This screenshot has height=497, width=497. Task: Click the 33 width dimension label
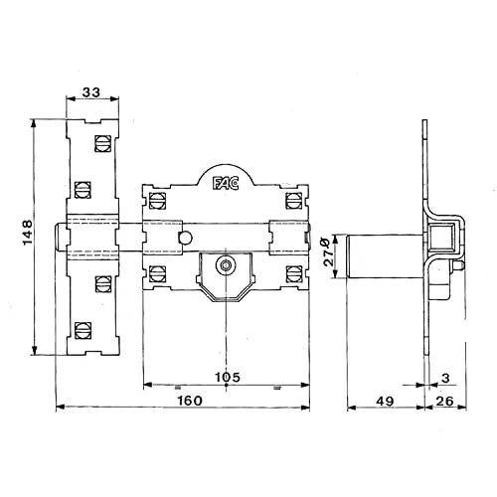point(91,92)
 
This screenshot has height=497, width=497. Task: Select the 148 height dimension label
point(28,232)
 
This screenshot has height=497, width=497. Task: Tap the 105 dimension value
point(228,377)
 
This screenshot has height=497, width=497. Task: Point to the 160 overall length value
point(190,401)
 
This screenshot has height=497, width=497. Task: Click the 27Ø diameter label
point(329,251)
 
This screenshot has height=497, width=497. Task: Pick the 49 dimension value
point(385,402)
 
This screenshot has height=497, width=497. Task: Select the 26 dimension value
point(444,402)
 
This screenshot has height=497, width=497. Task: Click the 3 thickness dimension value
point(445,378)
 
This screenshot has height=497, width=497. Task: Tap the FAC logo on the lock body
point(226,183)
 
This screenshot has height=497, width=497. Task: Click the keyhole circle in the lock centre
point(226,265)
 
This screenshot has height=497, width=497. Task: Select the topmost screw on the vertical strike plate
point(102,143)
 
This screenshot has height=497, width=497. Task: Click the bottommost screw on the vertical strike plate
point(83,330)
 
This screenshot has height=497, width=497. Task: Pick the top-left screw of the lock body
point(157,201)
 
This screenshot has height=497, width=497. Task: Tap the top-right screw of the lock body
point(294,201)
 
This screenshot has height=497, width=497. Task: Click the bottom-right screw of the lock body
point(294,274)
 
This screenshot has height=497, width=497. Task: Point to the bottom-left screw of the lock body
point(157,274)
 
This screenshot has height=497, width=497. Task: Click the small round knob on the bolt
point(185,238)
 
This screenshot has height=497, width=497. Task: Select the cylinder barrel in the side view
point(386,256)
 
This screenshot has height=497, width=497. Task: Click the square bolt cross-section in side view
point(441,237)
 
